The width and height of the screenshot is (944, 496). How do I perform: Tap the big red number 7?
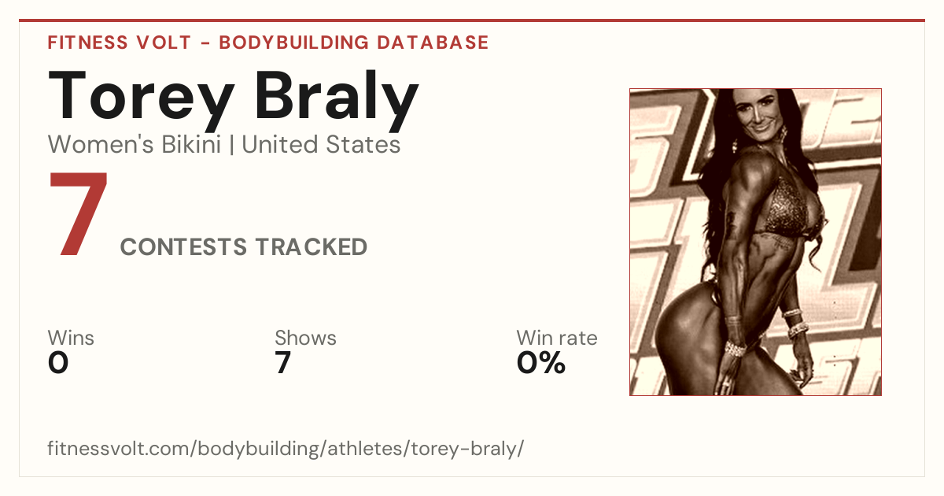[x=79, y=213]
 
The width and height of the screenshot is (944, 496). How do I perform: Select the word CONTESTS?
[x=183, y=246]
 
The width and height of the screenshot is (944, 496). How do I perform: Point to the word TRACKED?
[x=312, y=246]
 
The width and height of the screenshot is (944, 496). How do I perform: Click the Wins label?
[x=71, y=338]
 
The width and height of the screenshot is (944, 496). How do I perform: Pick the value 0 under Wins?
[x=58, y=363]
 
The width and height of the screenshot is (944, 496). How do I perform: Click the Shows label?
[x=305, y=338]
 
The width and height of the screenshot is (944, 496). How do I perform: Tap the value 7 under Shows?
[x=283, y=363]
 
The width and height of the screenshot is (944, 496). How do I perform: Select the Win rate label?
[x=557, y=338]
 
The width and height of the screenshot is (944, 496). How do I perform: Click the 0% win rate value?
[x=541, y=363]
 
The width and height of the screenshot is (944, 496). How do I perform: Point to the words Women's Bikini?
[x=135, y=144]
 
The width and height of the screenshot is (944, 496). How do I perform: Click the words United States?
[x=321, y=144]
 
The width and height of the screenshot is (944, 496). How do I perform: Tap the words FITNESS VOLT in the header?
[x=120, y=43]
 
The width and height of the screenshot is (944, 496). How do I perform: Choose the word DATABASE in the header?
[x=433, y=43]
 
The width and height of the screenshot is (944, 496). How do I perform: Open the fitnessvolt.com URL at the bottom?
[x=286, y=448]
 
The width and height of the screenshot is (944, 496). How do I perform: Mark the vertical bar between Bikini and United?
[x=231, y=145]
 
